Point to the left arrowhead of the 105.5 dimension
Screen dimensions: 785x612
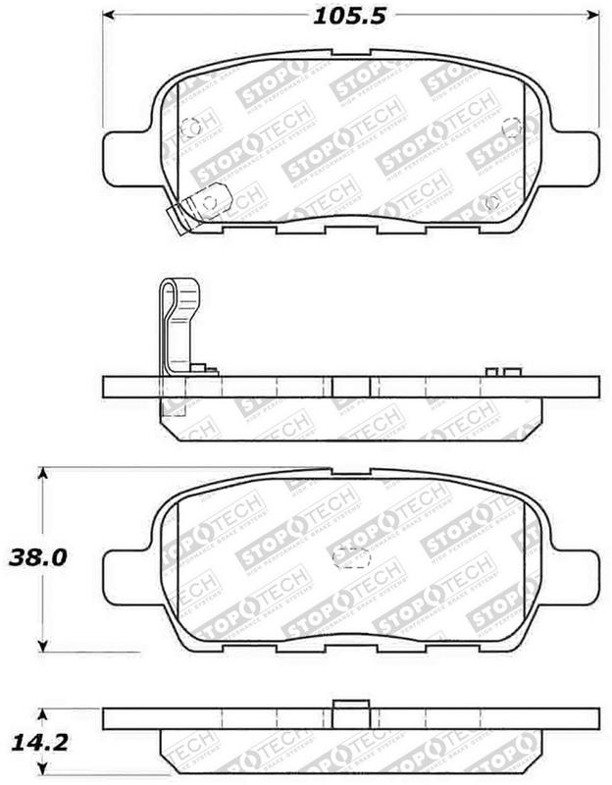(110, 17)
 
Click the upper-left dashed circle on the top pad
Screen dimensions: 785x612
(192, 128)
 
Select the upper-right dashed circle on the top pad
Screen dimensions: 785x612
(510, 127)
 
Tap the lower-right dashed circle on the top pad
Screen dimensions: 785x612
(493, 203)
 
